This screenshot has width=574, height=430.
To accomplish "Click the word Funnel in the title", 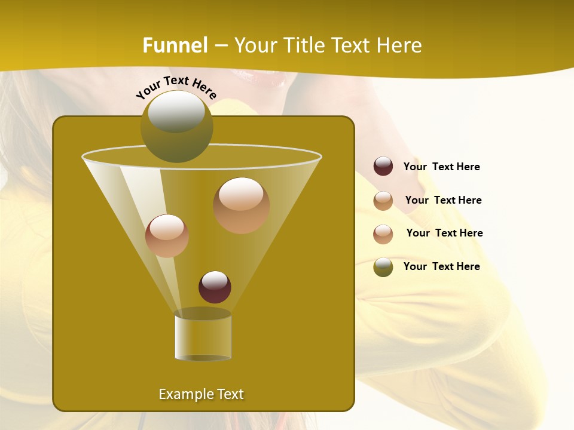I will tap(175, 45).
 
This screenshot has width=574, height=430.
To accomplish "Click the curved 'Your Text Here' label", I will tap(176, 87).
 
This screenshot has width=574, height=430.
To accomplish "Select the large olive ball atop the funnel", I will tap(177, 127).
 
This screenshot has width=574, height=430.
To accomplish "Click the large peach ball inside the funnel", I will tap(241, 205).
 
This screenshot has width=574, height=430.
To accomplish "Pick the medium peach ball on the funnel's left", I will tap(167, 235).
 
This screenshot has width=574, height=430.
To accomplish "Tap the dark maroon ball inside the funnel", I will tap(215, 287).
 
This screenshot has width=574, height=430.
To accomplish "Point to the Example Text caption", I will tap(201, 394).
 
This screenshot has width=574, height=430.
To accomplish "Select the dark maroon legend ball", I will tap(383, 167).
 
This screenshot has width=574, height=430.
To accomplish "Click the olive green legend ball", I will tap(383, 267).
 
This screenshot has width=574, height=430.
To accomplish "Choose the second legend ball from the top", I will tap(383, 201).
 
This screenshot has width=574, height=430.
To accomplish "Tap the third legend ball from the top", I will tap(383, 234).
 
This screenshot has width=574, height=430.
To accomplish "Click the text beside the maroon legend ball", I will tap(441, 167).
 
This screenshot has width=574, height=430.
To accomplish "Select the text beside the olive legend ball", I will tap(441, 266).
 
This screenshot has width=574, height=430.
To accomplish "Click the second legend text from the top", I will tap(443, 201).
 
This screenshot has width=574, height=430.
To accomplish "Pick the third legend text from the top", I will tap(444, 233).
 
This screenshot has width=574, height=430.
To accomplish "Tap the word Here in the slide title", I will tap(401, 45).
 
